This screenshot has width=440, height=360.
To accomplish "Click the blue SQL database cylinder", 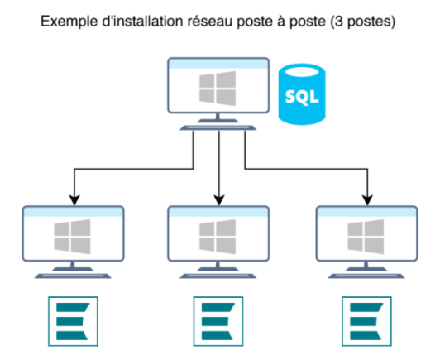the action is [302, 94].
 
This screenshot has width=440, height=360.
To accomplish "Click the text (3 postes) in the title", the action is [363, 22].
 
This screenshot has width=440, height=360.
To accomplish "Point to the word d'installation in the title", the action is [142, 22].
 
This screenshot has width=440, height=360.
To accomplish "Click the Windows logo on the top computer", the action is [218, 89].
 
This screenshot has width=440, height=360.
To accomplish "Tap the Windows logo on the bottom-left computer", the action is [73, 237].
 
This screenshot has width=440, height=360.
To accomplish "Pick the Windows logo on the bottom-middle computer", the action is [218, 237].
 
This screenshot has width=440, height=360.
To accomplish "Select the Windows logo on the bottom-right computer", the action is [366, 237].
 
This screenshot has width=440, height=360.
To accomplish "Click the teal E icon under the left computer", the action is [73, 321].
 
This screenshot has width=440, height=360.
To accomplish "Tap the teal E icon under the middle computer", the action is [218, 321].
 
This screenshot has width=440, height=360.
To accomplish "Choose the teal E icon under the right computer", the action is [366, 321].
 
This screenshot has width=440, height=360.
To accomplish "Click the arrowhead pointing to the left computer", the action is [74, 200].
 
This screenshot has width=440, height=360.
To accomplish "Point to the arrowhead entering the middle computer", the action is [219, 200].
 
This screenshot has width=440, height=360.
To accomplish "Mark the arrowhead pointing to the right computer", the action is [367, 200].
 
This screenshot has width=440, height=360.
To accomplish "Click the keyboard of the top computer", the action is [218, 127].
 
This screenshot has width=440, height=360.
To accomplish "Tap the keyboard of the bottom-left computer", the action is [73, 276].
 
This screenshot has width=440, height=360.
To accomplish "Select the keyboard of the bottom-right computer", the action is [366, 276].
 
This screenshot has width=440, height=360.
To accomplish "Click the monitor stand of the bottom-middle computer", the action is [218, 266].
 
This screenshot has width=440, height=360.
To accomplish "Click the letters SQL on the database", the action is [302, 97].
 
